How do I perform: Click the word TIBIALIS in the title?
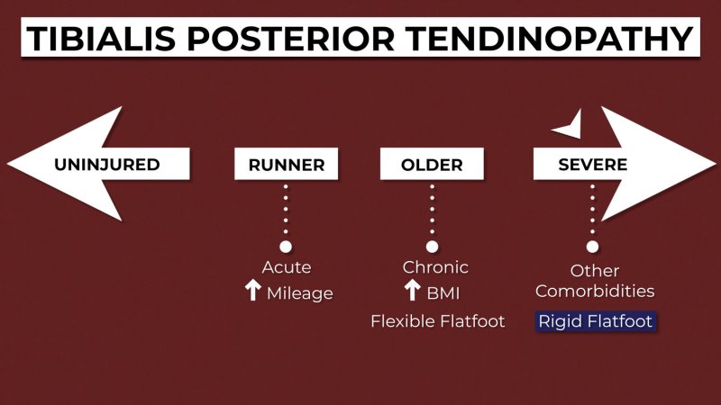[x=101, y=38]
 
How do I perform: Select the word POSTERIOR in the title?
[x=290, y=38]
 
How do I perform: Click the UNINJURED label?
[x=107, y=165]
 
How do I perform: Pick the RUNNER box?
[x=286, y=164]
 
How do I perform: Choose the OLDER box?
[x=432, y=164]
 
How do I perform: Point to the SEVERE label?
[x=593, y=165]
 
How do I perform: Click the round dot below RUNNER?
[x=286, y=247]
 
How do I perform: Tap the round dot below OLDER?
[x=432, y=247]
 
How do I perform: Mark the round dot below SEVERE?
[x=592, y=247]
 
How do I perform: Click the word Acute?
[x=287, y=267]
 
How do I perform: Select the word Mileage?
[x=300, y=293]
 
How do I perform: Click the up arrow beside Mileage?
[x=253, y=290]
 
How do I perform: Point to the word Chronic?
[x=435, y=267]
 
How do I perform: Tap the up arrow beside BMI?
[x=413, y=290]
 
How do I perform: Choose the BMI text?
[x=443, y=293]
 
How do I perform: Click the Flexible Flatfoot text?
[x=438, y=321]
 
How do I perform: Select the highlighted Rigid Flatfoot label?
[x=596, y=321]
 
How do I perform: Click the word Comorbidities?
[x=595, y=291]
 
